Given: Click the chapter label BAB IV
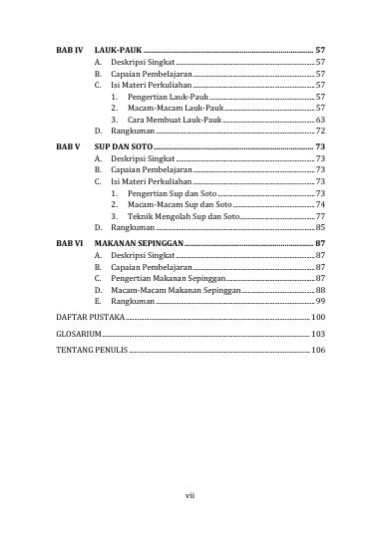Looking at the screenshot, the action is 67,49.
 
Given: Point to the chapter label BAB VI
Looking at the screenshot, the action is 67,243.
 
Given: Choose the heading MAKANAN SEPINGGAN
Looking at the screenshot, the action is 140,243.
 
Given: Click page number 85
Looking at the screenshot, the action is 320,228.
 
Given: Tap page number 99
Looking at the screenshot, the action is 320,300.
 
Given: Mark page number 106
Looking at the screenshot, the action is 318,351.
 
